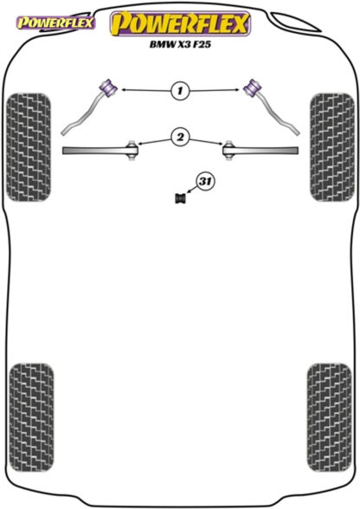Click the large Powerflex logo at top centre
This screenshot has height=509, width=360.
180,23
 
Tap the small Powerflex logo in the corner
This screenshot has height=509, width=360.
55,23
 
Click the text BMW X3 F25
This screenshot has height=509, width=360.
180,44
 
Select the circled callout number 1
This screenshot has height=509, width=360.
180,90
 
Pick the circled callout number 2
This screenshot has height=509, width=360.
180,138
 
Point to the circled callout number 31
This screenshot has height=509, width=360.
205,182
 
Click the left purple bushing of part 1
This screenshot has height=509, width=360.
109,87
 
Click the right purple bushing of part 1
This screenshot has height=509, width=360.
252,87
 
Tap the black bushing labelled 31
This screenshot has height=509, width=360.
180,198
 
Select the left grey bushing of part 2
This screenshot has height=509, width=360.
132,150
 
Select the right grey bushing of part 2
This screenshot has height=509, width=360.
228,150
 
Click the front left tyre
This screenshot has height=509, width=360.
29,147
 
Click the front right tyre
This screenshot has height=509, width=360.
331,147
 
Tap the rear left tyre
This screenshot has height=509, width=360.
31,418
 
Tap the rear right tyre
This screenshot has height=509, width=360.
329,418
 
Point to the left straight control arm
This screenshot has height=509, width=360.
98,151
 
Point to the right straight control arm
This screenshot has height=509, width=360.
263,151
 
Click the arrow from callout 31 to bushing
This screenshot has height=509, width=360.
192,190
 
